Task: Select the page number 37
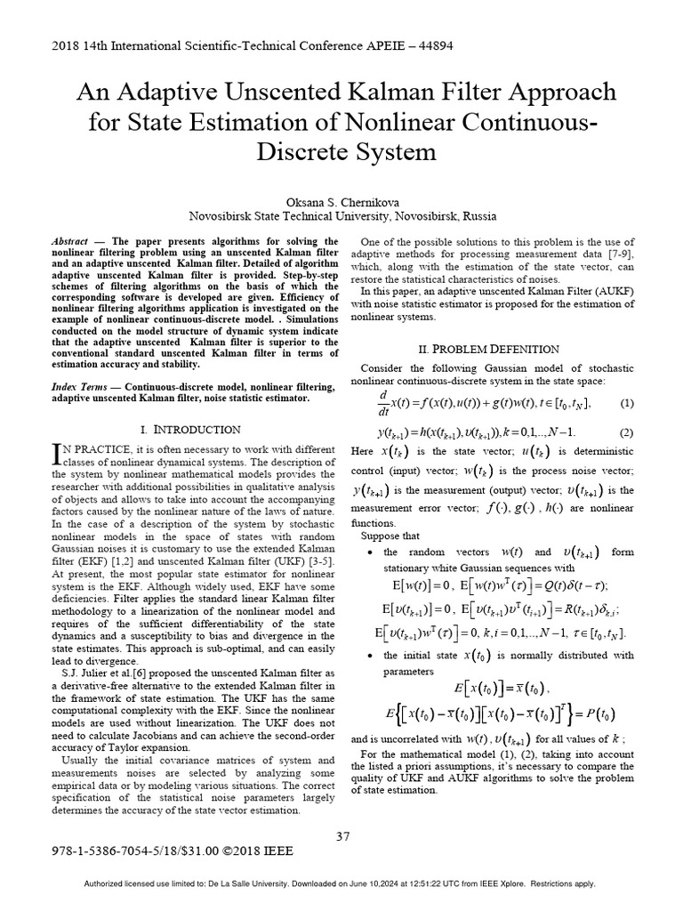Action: [x=342, y=835]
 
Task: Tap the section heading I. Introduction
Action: [x=190, y=429]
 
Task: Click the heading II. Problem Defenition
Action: [x=490, y=349]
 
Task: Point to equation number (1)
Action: [x=627, y=403]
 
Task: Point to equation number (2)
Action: [x=627, y=432]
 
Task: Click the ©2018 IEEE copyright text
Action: [x=251, y=851]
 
